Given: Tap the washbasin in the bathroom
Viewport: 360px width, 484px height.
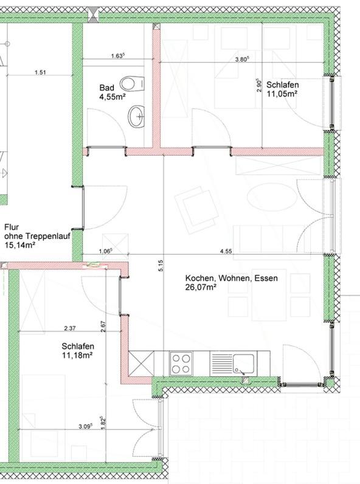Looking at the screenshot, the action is point(136,117).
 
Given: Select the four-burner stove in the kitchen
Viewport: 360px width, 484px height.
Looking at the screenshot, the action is point(181,364).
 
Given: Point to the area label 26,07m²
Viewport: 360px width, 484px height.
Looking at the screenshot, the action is point(201,287).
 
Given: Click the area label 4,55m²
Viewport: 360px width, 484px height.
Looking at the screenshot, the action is point(112,97).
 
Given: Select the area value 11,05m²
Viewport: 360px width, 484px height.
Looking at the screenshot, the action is point(282,94).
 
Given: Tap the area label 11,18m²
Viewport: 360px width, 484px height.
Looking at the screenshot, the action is point(77,355).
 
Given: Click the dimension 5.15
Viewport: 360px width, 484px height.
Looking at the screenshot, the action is point(161,266).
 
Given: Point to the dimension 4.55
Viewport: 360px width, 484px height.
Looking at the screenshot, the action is point(226,251).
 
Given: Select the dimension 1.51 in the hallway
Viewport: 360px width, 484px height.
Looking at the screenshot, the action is point(40,72).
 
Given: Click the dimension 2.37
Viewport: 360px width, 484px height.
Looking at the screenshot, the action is point(69,328).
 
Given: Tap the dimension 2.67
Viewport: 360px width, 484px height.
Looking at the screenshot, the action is point(103,327).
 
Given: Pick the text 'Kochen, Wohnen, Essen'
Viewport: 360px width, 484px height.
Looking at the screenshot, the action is point(231,278).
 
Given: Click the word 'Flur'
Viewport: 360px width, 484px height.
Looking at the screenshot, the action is point(12,227).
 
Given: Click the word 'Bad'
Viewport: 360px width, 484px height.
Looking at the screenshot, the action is point(106,88).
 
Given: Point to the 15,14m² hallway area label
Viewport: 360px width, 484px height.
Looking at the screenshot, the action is point(19,246).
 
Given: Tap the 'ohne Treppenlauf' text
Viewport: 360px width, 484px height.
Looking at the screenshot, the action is point(37,237).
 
